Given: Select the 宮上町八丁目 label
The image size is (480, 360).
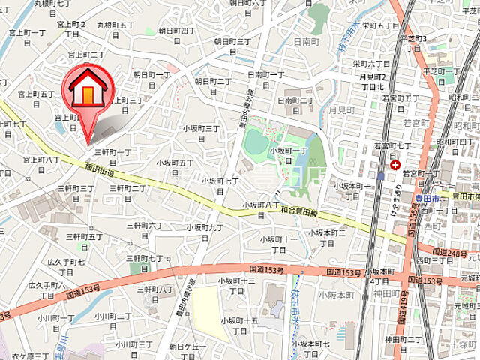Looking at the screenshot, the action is point(41,164).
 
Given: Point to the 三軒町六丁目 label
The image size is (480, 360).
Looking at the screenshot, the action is point(145,229).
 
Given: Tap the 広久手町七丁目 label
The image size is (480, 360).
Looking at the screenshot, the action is point(67,266).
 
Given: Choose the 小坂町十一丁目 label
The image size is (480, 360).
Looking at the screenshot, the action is point(278,244).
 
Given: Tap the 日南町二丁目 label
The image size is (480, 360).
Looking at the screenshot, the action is point(296,104).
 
